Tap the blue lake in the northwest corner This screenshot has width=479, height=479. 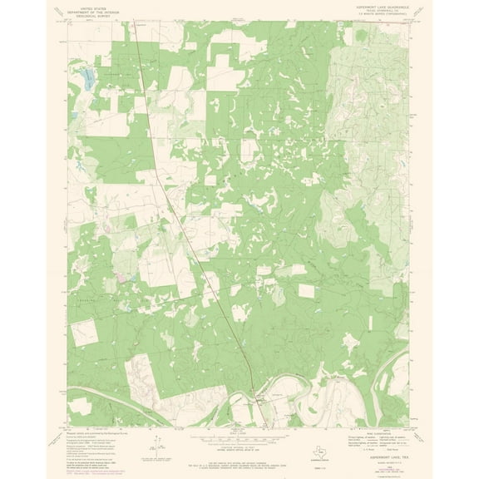(86, 81)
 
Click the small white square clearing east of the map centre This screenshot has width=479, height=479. (308, 291)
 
